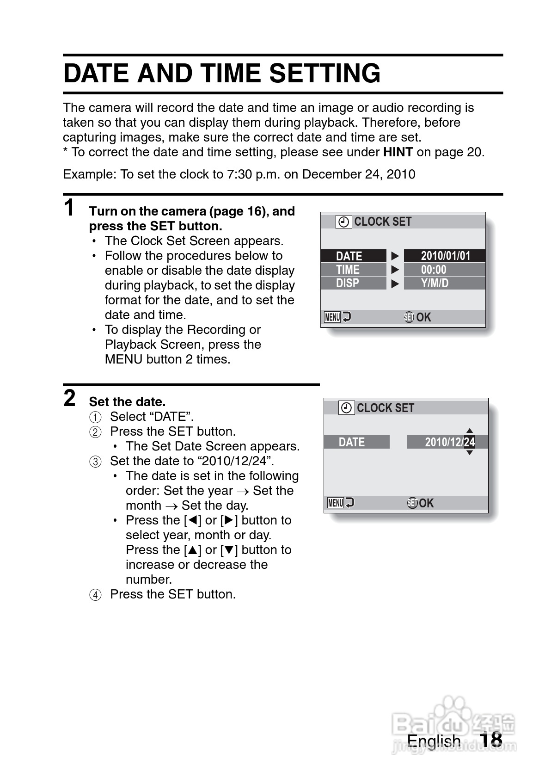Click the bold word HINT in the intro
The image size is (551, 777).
(398, 152)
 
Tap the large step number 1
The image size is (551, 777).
(69, 208)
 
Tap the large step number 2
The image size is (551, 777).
(69, 398)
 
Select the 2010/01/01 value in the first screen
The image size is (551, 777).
(445, 256)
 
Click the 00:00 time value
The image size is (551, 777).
(434, 270)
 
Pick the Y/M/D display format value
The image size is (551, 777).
(435, 283)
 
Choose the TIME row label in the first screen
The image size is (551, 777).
(348, 270)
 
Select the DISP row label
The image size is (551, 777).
(348, 283)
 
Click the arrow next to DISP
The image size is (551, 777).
(395, 284)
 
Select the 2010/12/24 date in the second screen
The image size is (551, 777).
(449, 442)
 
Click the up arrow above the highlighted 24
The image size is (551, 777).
(470, 430)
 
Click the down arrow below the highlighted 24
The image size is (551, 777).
(470, 453)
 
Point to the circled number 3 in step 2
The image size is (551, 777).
(95, 462)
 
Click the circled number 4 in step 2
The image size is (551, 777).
(95, 595)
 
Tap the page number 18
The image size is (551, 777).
(490, 740)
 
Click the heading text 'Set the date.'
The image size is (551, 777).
(127, 401)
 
